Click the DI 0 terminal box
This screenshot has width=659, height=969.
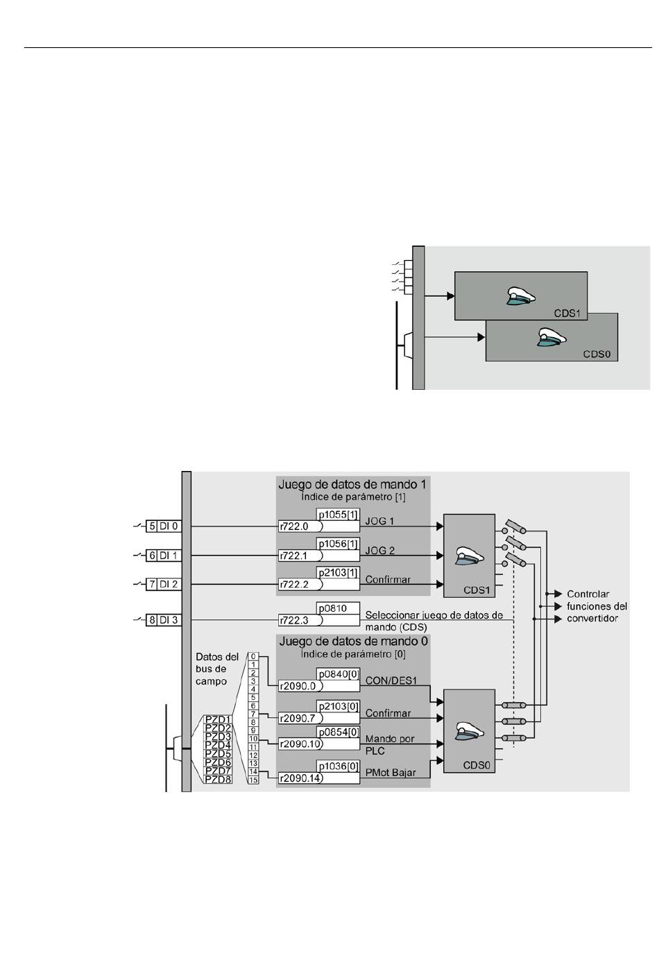164,526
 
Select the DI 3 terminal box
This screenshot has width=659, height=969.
164,620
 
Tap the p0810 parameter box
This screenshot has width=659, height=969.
338,608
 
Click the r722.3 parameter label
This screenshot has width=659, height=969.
294,620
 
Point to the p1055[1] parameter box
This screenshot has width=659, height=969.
338,515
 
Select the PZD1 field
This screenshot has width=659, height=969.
218,719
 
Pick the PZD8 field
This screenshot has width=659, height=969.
218,779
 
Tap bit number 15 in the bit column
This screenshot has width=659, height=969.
253,780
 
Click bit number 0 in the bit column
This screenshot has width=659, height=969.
253,657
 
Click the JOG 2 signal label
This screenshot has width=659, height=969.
380,550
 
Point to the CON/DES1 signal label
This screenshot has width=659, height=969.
391,680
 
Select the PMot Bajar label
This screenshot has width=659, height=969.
391,772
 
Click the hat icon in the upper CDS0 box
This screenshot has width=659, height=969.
551,337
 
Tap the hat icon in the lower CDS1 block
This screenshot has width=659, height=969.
470,556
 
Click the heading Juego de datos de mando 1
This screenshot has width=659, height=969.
352,484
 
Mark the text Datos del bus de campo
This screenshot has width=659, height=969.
217,669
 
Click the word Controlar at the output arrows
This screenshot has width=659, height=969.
588,594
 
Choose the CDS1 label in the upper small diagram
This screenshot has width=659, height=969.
567,314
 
